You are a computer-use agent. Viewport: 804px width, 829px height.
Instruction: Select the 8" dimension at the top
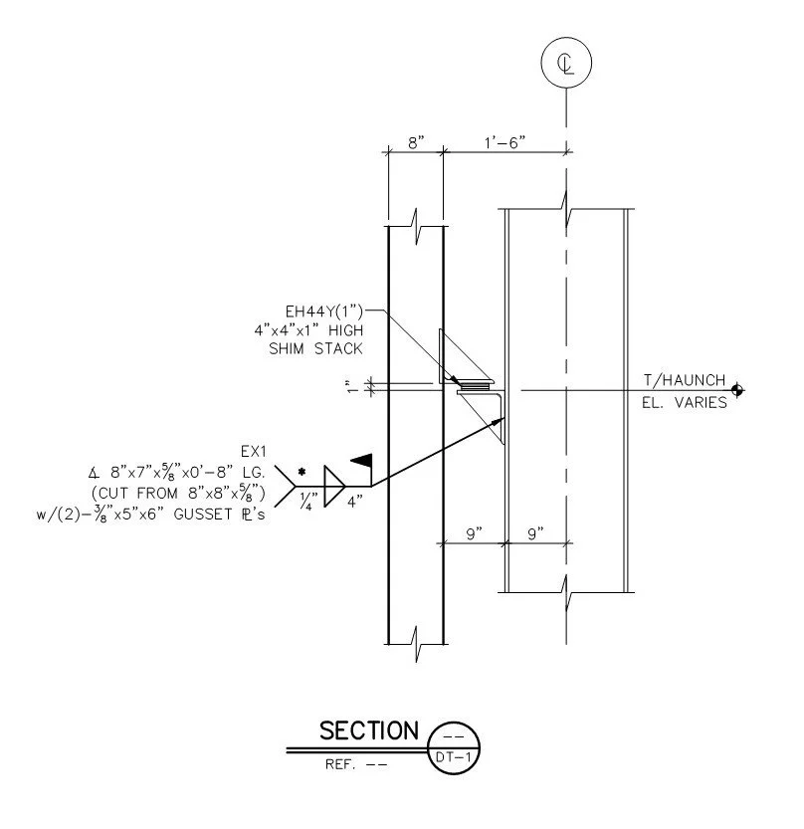click(416, 142)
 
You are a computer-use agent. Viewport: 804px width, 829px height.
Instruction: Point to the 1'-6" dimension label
click(504, 142)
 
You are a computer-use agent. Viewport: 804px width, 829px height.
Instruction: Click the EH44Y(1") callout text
click(324, 311)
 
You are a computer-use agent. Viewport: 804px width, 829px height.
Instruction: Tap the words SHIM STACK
click(315, 349)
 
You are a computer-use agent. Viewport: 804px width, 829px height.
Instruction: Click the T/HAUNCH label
click(684, 380)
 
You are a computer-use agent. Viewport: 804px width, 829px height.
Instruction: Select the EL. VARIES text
click(684, 403)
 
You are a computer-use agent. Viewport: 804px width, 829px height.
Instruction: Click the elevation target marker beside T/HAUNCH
click(737, 391)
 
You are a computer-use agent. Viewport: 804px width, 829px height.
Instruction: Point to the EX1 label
click(254, 452)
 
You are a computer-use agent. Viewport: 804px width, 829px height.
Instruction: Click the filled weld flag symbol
click(362, 461)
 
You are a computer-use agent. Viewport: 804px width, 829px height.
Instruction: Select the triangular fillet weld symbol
click(333, 486)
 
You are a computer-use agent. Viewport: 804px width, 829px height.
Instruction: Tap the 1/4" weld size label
click(309, 501)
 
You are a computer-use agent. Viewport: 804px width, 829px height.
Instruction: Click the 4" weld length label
click(354, 502)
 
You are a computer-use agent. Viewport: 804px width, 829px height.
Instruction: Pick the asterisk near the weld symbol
click(301, 472)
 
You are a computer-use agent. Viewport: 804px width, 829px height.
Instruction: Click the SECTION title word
click(369, 730)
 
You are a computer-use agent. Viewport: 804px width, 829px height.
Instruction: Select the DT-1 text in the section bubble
click(453, 757)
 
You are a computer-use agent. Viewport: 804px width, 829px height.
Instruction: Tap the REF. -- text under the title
click(356, 764)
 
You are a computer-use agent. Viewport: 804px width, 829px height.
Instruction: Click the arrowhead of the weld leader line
click(499, 421)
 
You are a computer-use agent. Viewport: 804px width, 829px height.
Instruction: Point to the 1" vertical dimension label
click(351, 386)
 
